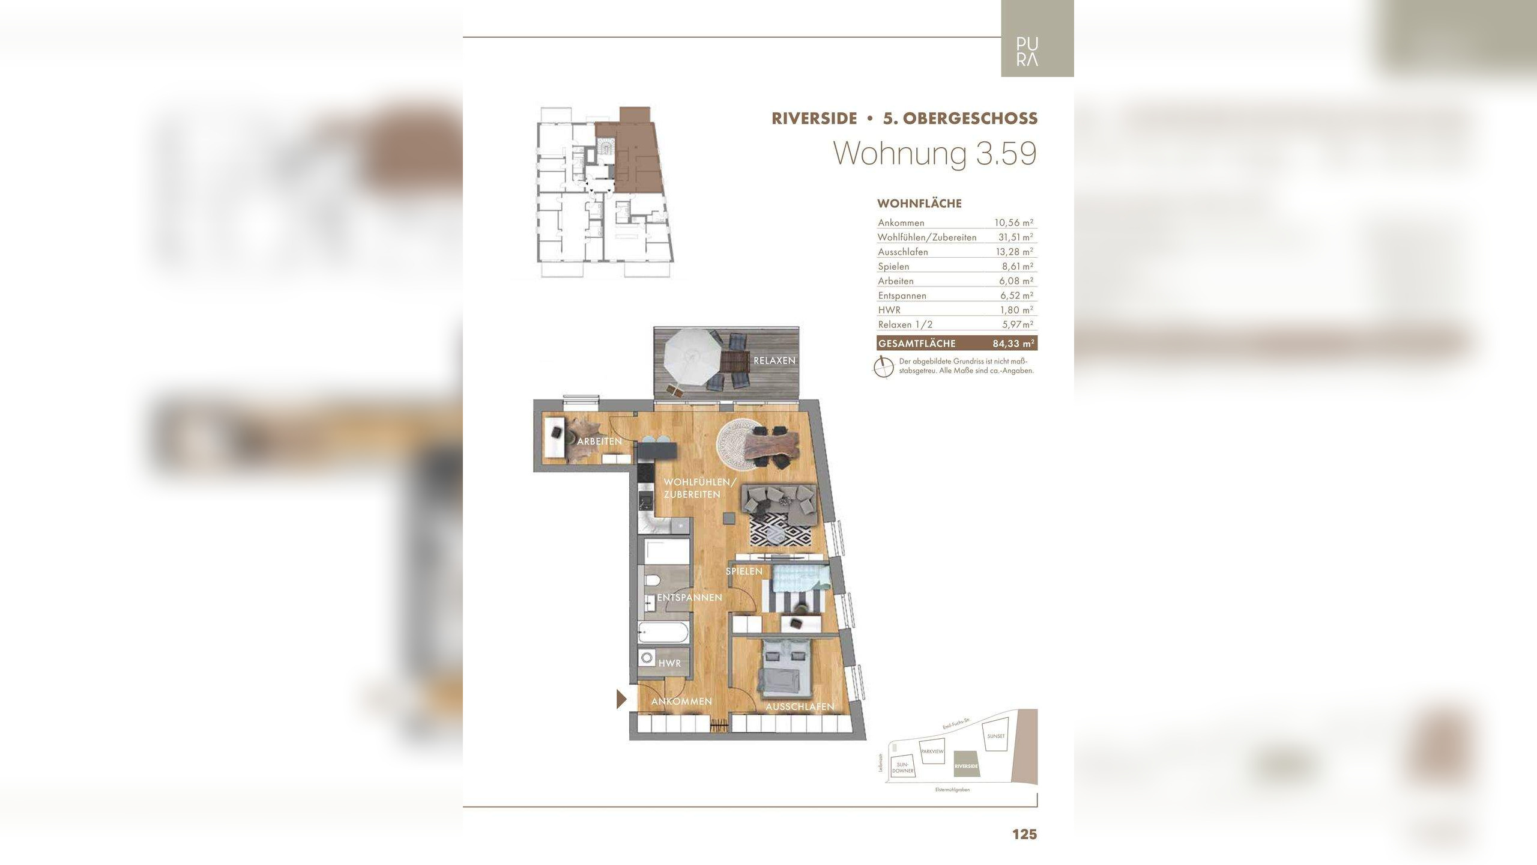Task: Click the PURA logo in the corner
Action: point(1027,52)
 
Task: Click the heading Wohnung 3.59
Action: point(935,154)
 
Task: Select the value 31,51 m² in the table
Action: point(1014,237)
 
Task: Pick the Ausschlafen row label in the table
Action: point(902,252)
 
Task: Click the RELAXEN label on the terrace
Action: point(775,360)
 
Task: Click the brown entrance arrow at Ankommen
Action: point(622,699)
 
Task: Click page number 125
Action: point(1024,834)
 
